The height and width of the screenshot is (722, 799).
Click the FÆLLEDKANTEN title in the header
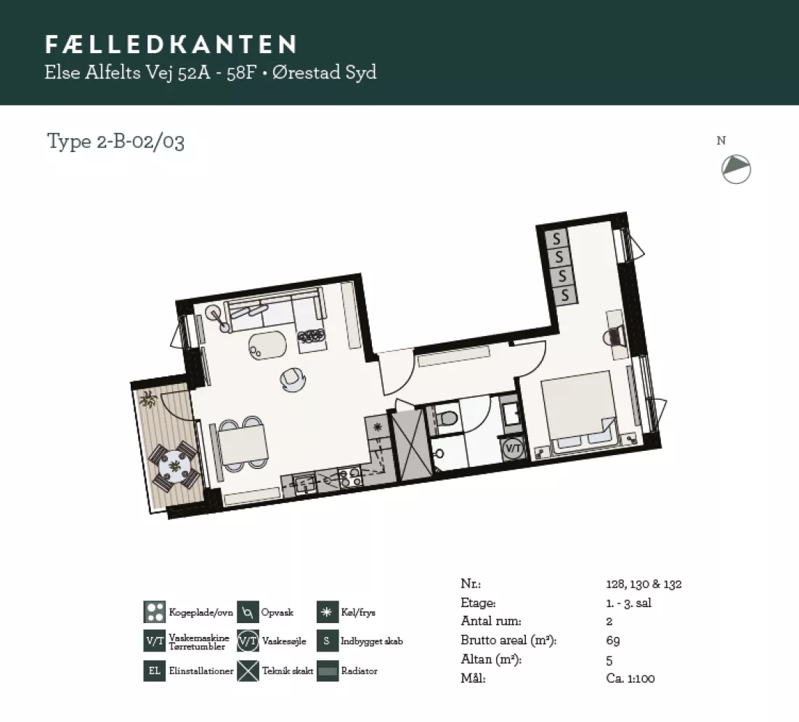pos(171,44)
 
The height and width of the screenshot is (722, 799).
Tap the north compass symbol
pos(736,169)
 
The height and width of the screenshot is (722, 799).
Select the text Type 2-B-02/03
pos(115,141)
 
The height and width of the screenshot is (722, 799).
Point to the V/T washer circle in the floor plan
pos(513,449)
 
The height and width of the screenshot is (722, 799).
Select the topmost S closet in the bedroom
pos(556,238)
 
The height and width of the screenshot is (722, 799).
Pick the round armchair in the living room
pos(293,380)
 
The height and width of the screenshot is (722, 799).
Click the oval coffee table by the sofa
pos(267,345)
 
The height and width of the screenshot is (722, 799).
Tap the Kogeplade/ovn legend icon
pos(155,612)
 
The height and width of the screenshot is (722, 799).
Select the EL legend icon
pos(155,670)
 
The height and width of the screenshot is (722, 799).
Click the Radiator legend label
pos(360,671)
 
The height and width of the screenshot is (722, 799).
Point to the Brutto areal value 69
pos(613,641)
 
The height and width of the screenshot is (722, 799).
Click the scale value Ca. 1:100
pos(630,678)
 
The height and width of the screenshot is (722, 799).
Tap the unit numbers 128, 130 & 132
pos(644,584)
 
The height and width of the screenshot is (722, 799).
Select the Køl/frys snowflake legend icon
pos(328,612)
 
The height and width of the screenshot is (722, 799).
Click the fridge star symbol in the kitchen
pos(378,427)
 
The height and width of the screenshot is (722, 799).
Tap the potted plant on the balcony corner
pos(147,398)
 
